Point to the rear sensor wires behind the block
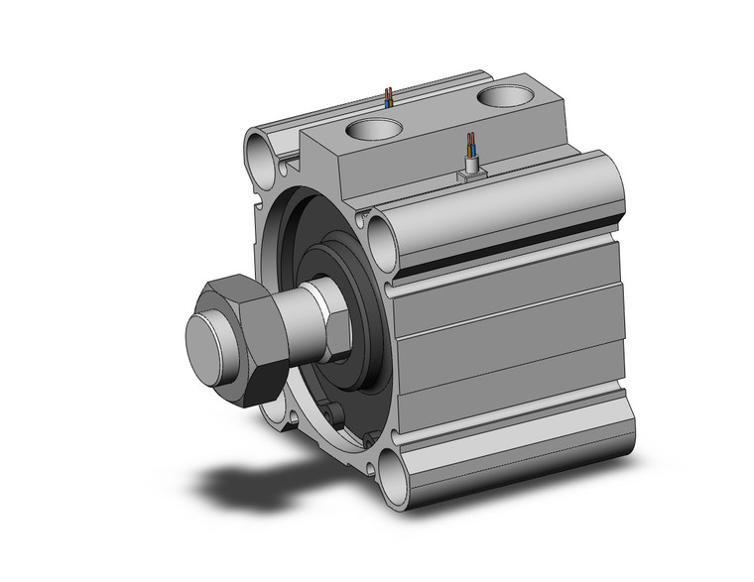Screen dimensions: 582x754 click(389, 98)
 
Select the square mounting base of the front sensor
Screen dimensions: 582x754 click(468, 175)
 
